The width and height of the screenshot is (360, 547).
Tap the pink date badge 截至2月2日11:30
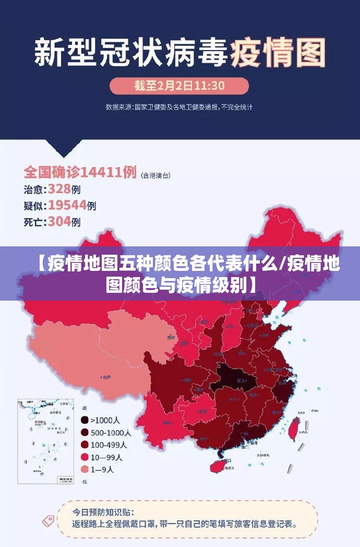[x=179, y=86]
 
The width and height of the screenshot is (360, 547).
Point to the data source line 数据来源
[x=179, y=107]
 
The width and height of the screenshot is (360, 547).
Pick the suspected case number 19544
[x=67, y=205]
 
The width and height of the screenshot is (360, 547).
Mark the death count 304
[x=59, y=222]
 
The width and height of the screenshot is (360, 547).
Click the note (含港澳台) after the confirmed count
[x=155, y=175]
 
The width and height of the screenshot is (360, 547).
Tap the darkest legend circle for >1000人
[x=84, y=420]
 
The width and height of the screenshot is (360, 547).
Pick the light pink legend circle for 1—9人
[x=84, y=469]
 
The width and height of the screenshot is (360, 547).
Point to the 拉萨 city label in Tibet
[x=107, y=376]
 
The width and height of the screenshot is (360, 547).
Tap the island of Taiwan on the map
[x=294, y=428]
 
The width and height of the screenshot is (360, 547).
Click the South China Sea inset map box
[x=45, y=441]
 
